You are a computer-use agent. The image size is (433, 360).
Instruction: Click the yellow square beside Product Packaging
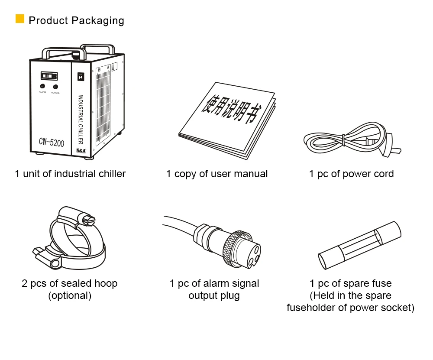tap(20, 19)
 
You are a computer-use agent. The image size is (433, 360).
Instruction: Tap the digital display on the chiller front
tap(48, 76)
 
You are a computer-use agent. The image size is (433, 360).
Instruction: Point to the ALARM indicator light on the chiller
tap(42, 87)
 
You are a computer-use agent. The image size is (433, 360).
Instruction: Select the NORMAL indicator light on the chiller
tap(55, 87)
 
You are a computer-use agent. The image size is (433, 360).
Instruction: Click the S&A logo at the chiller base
tap(81, 150)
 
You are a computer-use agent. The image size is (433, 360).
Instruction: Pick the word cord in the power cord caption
tap(384, 174)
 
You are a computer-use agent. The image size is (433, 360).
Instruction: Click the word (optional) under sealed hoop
tap(70, 296)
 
